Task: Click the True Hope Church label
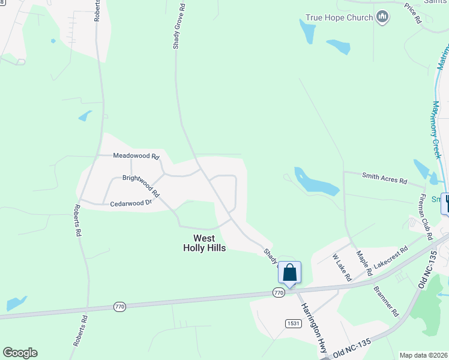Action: (x=339, y=17)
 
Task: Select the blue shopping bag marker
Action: (x=289, y=273)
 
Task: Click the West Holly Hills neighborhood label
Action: (x=204, y=243)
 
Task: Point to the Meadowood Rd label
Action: (x=136, y=155)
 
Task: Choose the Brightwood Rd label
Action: (x=140, y=186)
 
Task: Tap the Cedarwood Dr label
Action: (x=131, y=204)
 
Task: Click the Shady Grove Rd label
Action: (x=179, y=29)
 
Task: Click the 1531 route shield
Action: (x=292, y=323)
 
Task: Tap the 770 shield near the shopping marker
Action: (x=278, y=292)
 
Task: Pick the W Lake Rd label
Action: (x=342, y=267)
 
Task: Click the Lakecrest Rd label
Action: (x=391, y=256)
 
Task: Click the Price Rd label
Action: (x=413, y=13)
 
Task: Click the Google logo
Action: (x=20, y=353)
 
